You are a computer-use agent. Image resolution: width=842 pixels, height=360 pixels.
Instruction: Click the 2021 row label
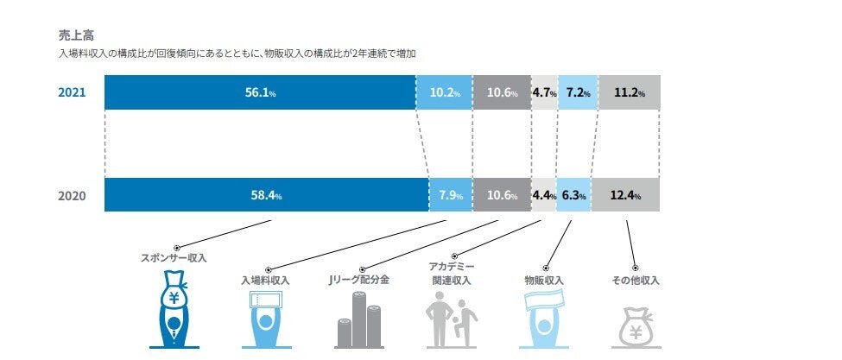pos(73,92)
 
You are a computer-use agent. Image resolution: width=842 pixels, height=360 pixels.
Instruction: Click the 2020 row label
pos(73,195)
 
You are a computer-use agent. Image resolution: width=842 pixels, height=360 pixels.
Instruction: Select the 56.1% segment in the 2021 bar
pos(259,92)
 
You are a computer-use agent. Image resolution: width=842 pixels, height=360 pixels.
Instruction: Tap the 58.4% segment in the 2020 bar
pos(266,195)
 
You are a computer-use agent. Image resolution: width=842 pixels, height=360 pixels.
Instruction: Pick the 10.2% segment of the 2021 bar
pos(444,92)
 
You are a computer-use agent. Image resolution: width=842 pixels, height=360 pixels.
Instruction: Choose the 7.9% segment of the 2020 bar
pos(451,195)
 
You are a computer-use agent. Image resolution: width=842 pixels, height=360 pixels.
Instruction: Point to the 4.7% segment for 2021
pos(544,92)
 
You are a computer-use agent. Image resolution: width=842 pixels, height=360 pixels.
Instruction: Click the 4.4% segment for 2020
pos(544,195)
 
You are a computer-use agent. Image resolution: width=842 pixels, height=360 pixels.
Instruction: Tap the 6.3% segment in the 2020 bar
pos(573,195)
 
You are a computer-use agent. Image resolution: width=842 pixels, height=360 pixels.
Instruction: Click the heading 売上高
pos(71,37)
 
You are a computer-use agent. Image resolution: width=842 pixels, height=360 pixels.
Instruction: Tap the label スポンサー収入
pos(174,258)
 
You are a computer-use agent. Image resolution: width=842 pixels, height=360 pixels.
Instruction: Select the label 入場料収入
pos(265,281)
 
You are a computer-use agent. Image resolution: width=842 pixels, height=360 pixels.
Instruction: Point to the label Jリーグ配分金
pos(358,281)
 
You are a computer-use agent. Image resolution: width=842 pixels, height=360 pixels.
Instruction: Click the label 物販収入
pos(544,281)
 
